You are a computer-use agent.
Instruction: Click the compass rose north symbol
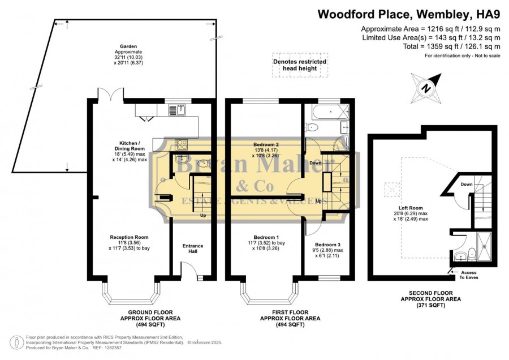[x=426, y=88]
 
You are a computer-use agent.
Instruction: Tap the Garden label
[x=128, y=46]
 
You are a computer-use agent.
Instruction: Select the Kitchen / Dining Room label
[x=130, y=146]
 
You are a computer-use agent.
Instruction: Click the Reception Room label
[x=129, y=237]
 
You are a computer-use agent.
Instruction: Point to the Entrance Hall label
[x=193, y=248]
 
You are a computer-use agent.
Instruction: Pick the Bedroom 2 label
[x=266, y=144]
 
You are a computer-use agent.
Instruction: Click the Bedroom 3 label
[x=327, y=245]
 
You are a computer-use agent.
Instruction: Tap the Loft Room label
[x=411, y=208]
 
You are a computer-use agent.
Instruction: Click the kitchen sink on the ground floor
[x=177, y=110]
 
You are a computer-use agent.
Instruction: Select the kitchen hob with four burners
[x=181, y=144]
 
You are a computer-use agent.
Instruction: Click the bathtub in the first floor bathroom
[x=331, y=112]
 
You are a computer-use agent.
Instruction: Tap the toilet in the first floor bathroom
[x=311, y=127]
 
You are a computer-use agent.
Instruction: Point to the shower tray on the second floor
[x=484, y=246]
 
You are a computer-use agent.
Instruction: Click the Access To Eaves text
[x=469, y=275]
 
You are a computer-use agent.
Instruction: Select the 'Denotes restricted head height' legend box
[x=300, y=65]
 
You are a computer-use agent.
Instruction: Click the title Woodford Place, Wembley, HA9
[x=409, y=14]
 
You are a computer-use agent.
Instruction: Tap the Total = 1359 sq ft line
[x=451, y=46]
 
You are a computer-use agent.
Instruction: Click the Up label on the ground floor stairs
[x=203, y=216]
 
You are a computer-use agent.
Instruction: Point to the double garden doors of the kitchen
[x=110, y=95]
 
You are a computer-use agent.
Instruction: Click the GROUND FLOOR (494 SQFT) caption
[x=150, y=319]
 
